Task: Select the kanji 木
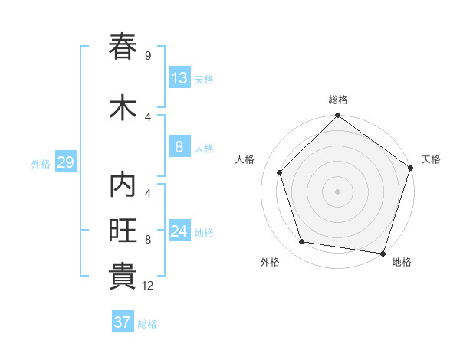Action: click(x=123, y=107)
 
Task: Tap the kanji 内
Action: click(x=123, y=186)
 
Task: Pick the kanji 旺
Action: click(x=123, y=231)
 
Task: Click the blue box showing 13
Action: click(x=179, y=78)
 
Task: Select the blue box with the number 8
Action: click(x=179, y=147)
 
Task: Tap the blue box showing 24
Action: click(x=179, y=231)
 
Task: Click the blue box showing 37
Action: click(x=123, y=322)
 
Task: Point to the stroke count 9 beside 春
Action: click(x=148, y=56)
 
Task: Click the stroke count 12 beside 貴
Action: click(x=148, y=286)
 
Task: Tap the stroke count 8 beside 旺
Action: click(x=148, y=240)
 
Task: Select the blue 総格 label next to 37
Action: click(x=147, y=324)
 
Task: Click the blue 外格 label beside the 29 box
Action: click(x=41, y=163)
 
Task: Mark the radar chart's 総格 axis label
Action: click(x=338, y=100)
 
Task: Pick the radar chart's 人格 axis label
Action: click(x=245, y=159)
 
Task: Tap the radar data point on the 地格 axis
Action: click(x=383, y=253)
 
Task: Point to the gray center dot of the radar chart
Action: click(x=338, y=191)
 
